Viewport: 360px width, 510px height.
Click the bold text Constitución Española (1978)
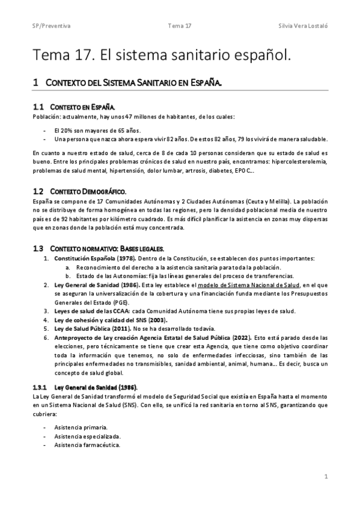pyautogui.click(x=88, y=258)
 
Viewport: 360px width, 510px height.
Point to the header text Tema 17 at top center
pyautogui.click(x=180, y=26)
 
